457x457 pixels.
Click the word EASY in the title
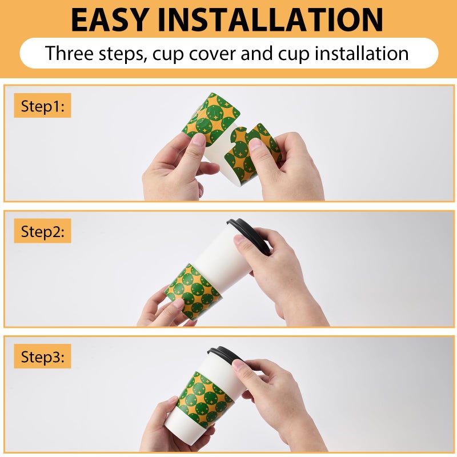pyautogui.click(x=109, y=20)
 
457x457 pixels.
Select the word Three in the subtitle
pyautogui.click(x=69, y=53)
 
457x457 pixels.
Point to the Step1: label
pyautogui.click(x=42, y=106)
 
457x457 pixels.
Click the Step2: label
pyautogui.click(x=42, y=231)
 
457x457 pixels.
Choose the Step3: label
pyautogui.click(x=42, y=356)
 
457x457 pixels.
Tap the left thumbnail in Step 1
pyautogui.click(x=199, y=139)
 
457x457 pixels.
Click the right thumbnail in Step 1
pyautogui.click(x=255, y=144)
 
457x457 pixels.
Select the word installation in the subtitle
pyautogui.click(x=362, y=53)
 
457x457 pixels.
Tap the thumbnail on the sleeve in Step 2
pyautogui.click(x=178, y=304)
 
